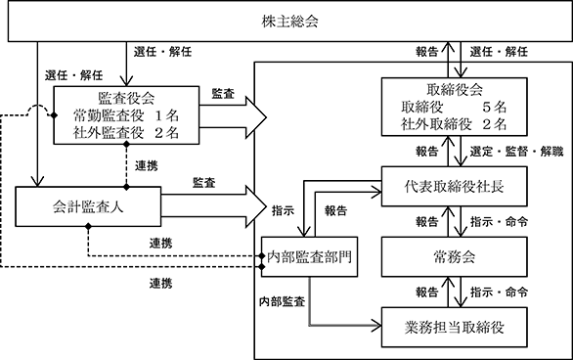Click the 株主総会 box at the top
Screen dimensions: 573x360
[290, 21]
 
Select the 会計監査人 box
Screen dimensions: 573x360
[88, 206]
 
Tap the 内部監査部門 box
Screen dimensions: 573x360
[309, 256]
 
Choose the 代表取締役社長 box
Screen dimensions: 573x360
[455, 187]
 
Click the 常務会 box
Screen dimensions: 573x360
[455, 256]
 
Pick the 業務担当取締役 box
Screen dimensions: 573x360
[455, 327]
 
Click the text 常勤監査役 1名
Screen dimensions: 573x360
[126, 115]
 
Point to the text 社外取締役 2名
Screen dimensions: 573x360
[454, 124]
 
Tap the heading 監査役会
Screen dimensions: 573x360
[126, 98]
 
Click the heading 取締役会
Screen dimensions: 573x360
[455, 90]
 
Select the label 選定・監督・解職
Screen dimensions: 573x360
[516, 152]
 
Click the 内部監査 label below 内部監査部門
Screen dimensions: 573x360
[282, 301]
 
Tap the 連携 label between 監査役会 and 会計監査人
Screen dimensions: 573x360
[146, 166]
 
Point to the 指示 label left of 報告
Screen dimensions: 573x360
[283, 210]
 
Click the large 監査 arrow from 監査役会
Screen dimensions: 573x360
[233, 117]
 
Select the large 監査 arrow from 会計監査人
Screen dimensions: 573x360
[214, 206]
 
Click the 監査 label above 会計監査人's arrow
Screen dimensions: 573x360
[204, 182]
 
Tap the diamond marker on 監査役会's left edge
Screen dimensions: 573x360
[54, 115]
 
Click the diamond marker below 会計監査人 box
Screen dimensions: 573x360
[88, 227]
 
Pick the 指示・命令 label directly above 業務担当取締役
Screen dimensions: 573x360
[499, 292]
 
